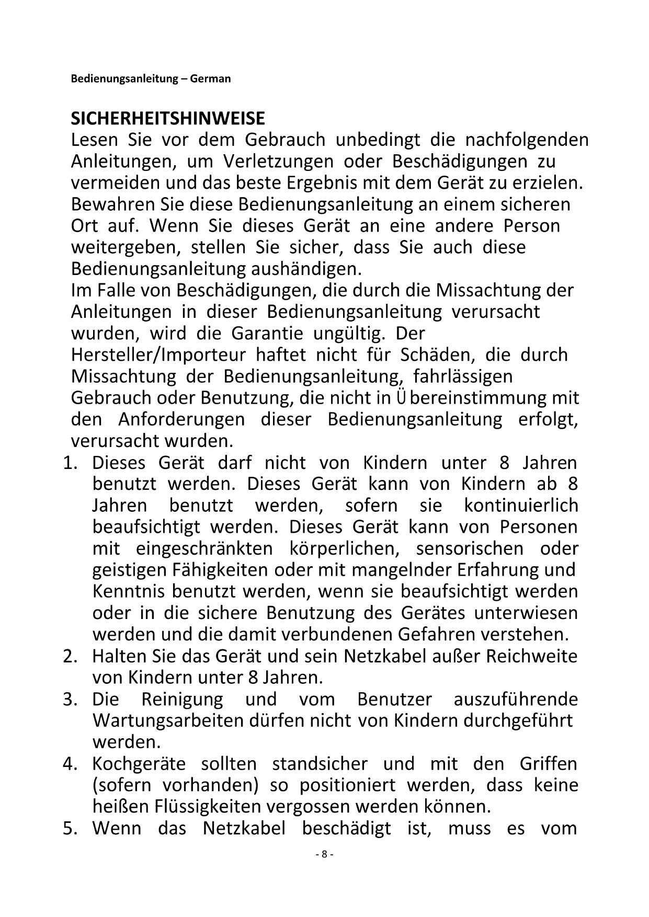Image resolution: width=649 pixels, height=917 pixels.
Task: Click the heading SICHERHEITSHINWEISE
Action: pyautogui.click(x=168, y=119)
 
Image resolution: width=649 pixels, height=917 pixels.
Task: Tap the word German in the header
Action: pyautogui.click(x=210, y=79)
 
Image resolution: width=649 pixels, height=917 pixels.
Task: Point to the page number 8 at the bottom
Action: pyautogui.click(x=324, y=854)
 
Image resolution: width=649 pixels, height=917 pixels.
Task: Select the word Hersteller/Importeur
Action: pyautogui.click(x=158, y=354)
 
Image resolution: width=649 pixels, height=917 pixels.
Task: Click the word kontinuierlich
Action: pyautogui.click(x=521, y=506)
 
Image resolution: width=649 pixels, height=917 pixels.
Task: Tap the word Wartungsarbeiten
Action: pyautogui.click(x=177, y=720)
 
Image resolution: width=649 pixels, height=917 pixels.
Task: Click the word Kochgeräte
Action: pyautogui.click(x=139, y=764)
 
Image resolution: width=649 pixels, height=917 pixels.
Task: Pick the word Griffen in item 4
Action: pyautogui.click(x=549, y=764)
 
